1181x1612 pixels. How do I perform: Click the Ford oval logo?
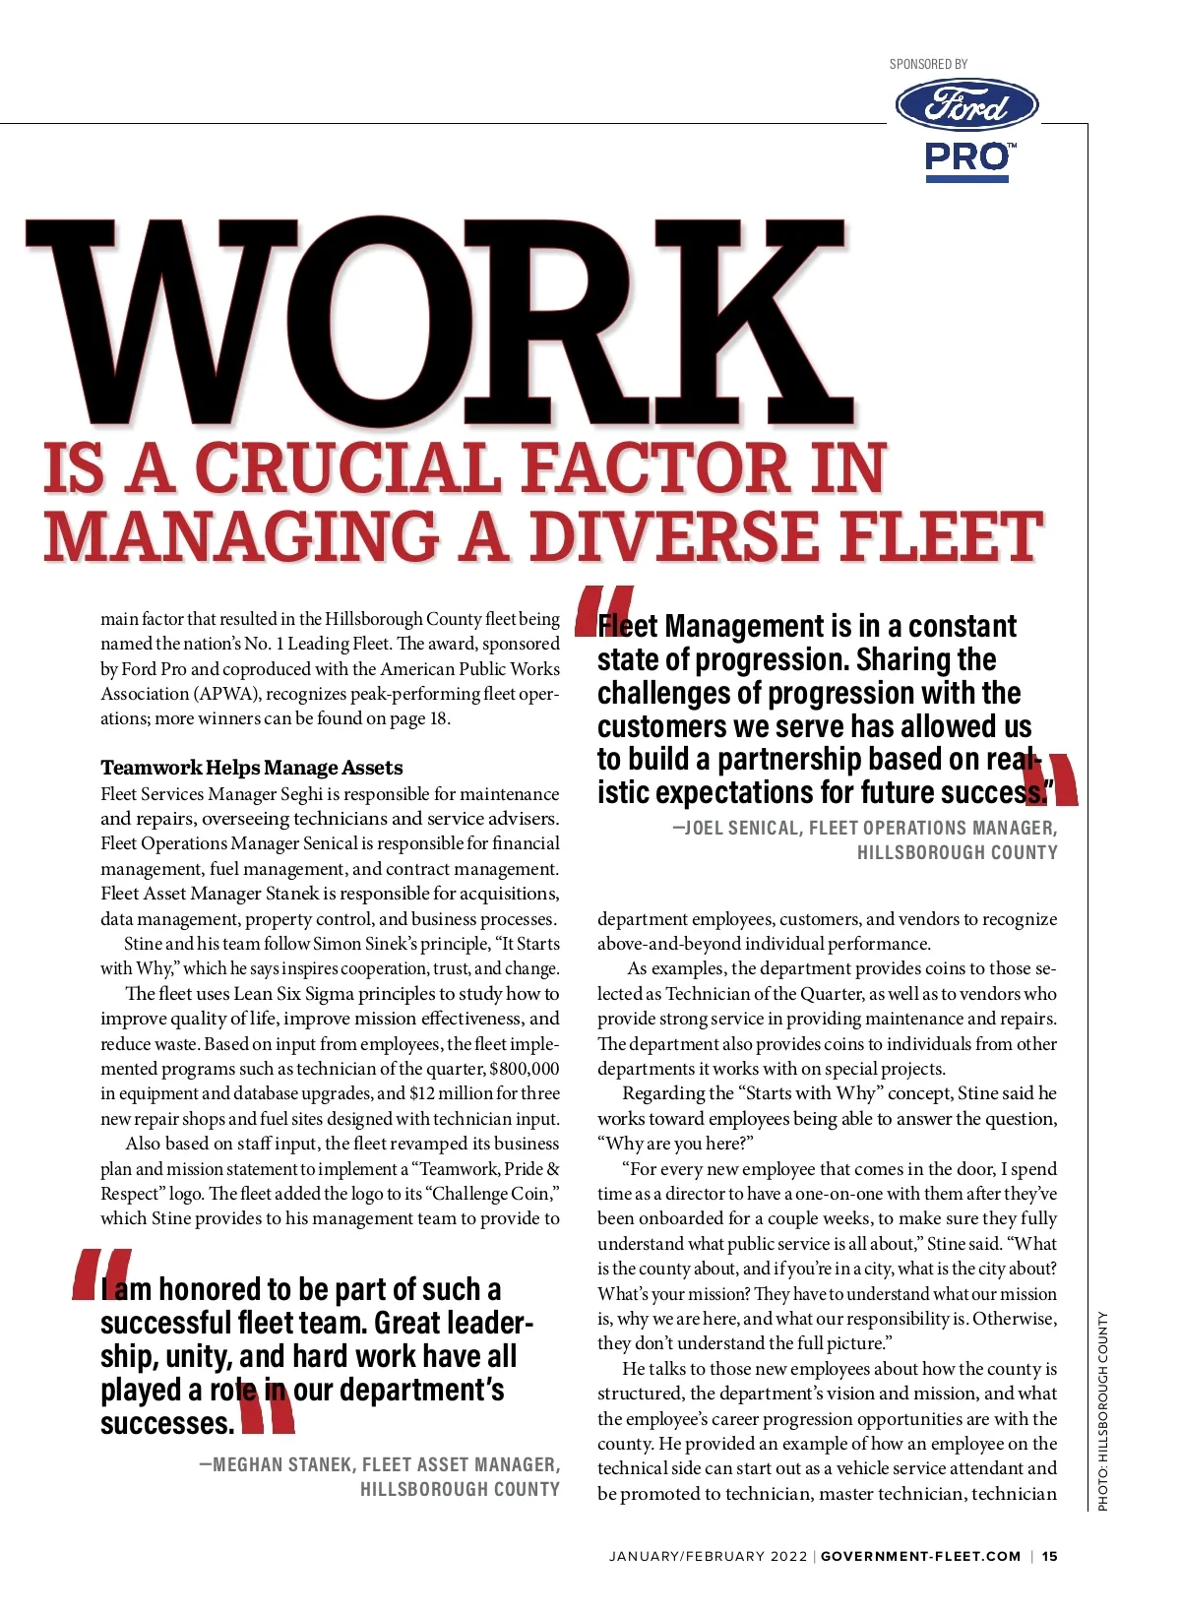coord(966,106)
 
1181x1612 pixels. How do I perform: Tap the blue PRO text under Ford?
coord(966,157)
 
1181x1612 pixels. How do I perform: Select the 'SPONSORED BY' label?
coord(928,64)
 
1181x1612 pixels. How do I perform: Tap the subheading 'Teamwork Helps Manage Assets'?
coord(252,768)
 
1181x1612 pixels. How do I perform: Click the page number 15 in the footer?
coord(1050,1556)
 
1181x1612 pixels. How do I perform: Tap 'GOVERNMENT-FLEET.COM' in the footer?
coord(920,1556)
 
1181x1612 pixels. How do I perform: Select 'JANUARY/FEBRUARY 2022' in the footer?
coord(708,1556)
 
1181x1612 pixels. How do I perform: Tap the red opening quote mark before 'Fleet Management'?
coord(602,610)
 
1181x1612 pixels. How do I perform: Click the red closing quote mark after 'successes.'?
coord(266,1409)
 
